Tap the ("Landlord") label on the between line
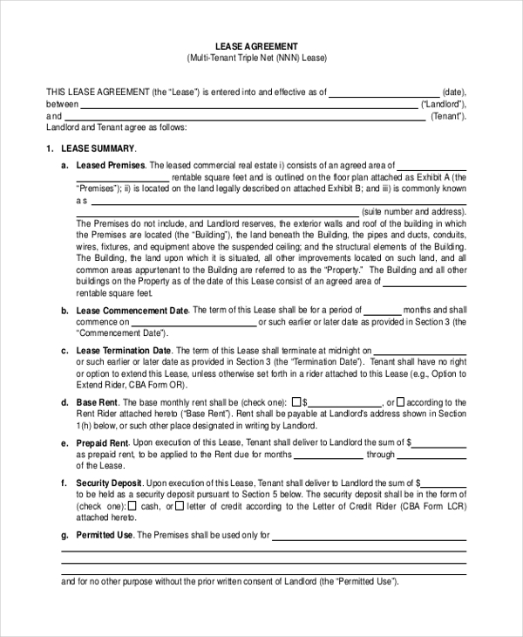[444, 104]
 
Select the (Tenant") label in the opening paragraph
[448, 116]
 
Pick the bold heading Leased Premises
[111, 165]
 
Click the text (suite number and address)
[413, 212]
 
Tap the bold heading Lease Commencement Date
[132, 311]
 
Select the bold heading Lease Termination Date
[124, 351]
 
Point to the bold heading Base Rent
[96, 402]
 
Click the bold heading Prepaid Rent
[102, 443]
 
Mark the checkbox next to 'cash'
[132, 505]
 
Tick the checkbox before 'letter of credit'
[179, 505]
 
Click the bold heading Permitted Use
[105, 535]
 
